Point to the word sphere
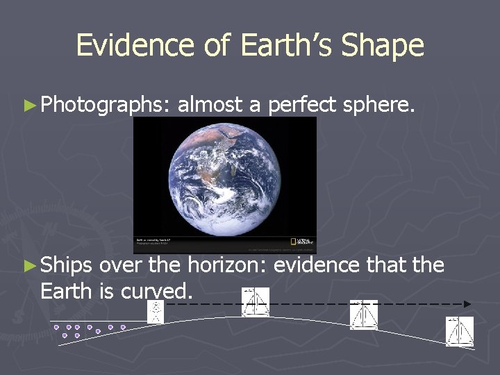(381, 106)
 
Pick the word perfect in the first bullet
(304, 106)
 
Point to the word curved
(158, 292)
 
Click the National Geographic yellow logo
(302, 242)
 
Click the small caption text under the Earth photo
(153, 242)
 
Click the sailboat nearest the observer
(255, 302)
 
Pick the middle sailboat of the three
(363, 315)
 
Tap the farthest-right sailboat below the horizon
(460, 331)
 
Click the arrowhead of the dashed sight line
(467, 304)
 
